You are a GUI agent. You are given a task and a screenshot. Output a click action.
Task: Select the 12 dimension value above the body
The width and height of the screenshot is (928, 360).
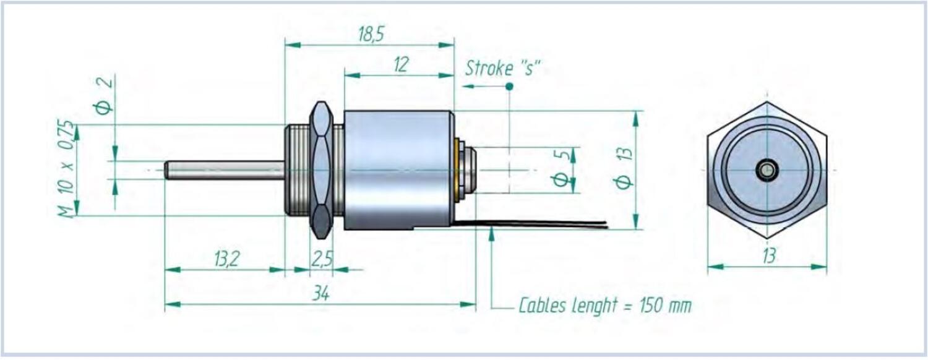tap(401, 65)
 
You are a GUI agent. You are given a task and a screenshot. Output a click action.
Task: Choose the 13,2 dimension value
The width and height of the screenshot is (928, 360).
tap(226, 260)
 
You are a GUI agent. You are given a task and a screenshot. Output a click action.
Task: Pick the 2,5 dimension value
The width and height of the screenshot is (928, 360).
tap(321, 260)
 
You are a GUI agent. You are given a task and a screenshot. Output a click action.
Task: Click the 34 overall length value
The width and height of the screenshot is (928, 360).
tap(320, 294)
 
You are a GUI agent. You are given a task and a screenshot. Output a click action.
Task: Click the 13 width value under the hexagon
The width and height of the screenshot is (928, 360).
tap(768, 256)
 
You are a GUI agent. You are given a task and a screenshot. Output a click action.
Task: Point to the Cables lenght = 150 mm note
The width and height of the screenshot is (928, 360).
tap(604, 305)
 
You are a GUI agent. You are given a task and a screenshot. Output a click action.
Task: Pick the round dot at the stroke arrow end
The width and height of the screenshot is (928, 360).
tap(509, 87)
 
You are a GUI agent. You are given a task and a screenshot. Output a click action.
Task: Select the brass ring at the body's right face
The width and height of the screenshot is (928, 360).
tap(457, 170)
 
